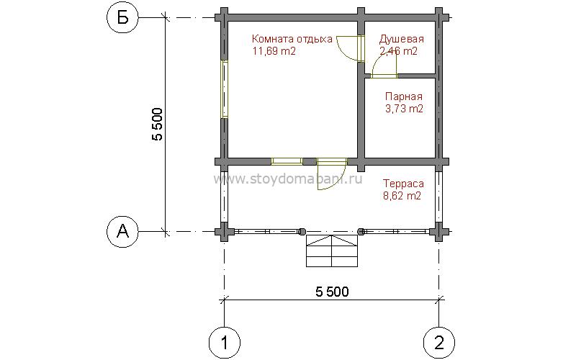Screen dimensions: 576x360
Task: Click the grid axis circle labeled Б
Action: point(122,17)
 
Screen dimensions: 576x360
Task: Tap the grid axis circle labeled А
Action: point(122,231)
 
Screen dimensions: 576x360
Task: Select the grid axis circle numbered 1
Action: point(224,343)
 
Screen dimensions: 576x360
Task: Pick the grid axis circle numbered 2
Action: point(439,343)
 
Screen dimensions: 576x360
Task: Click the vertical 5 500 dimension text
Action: point(157,124)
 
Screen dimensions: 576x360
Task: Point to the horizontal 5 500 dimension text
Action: point(332,292)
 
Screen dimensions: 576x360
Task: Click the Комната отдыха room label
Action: point(292,39)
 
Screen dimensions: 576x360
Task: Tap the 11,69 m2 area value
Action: point(274,51)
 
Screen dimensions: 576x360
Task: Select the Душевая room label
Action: point(402,39)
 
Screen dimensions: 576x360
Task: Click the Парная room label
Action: point(404,96)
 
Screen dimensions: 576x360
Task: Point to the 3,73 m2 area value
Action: point(404,109)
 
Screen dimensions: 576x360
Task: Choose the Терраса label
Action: point(403,184)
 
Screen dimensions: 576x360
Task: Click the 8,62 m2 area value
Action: point(402,195)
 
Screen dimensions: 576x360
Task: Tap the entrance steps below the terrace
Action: point(332,251)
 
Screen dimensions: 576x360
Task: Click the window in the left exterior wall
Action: point(225,89)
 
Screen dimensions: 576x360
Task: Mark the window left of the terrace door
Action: point(287,161)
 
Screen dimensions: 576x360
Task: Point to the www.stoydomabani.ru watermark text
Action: point(287,179)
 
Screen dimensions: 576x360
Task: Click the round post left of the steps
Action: point(302,231)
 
